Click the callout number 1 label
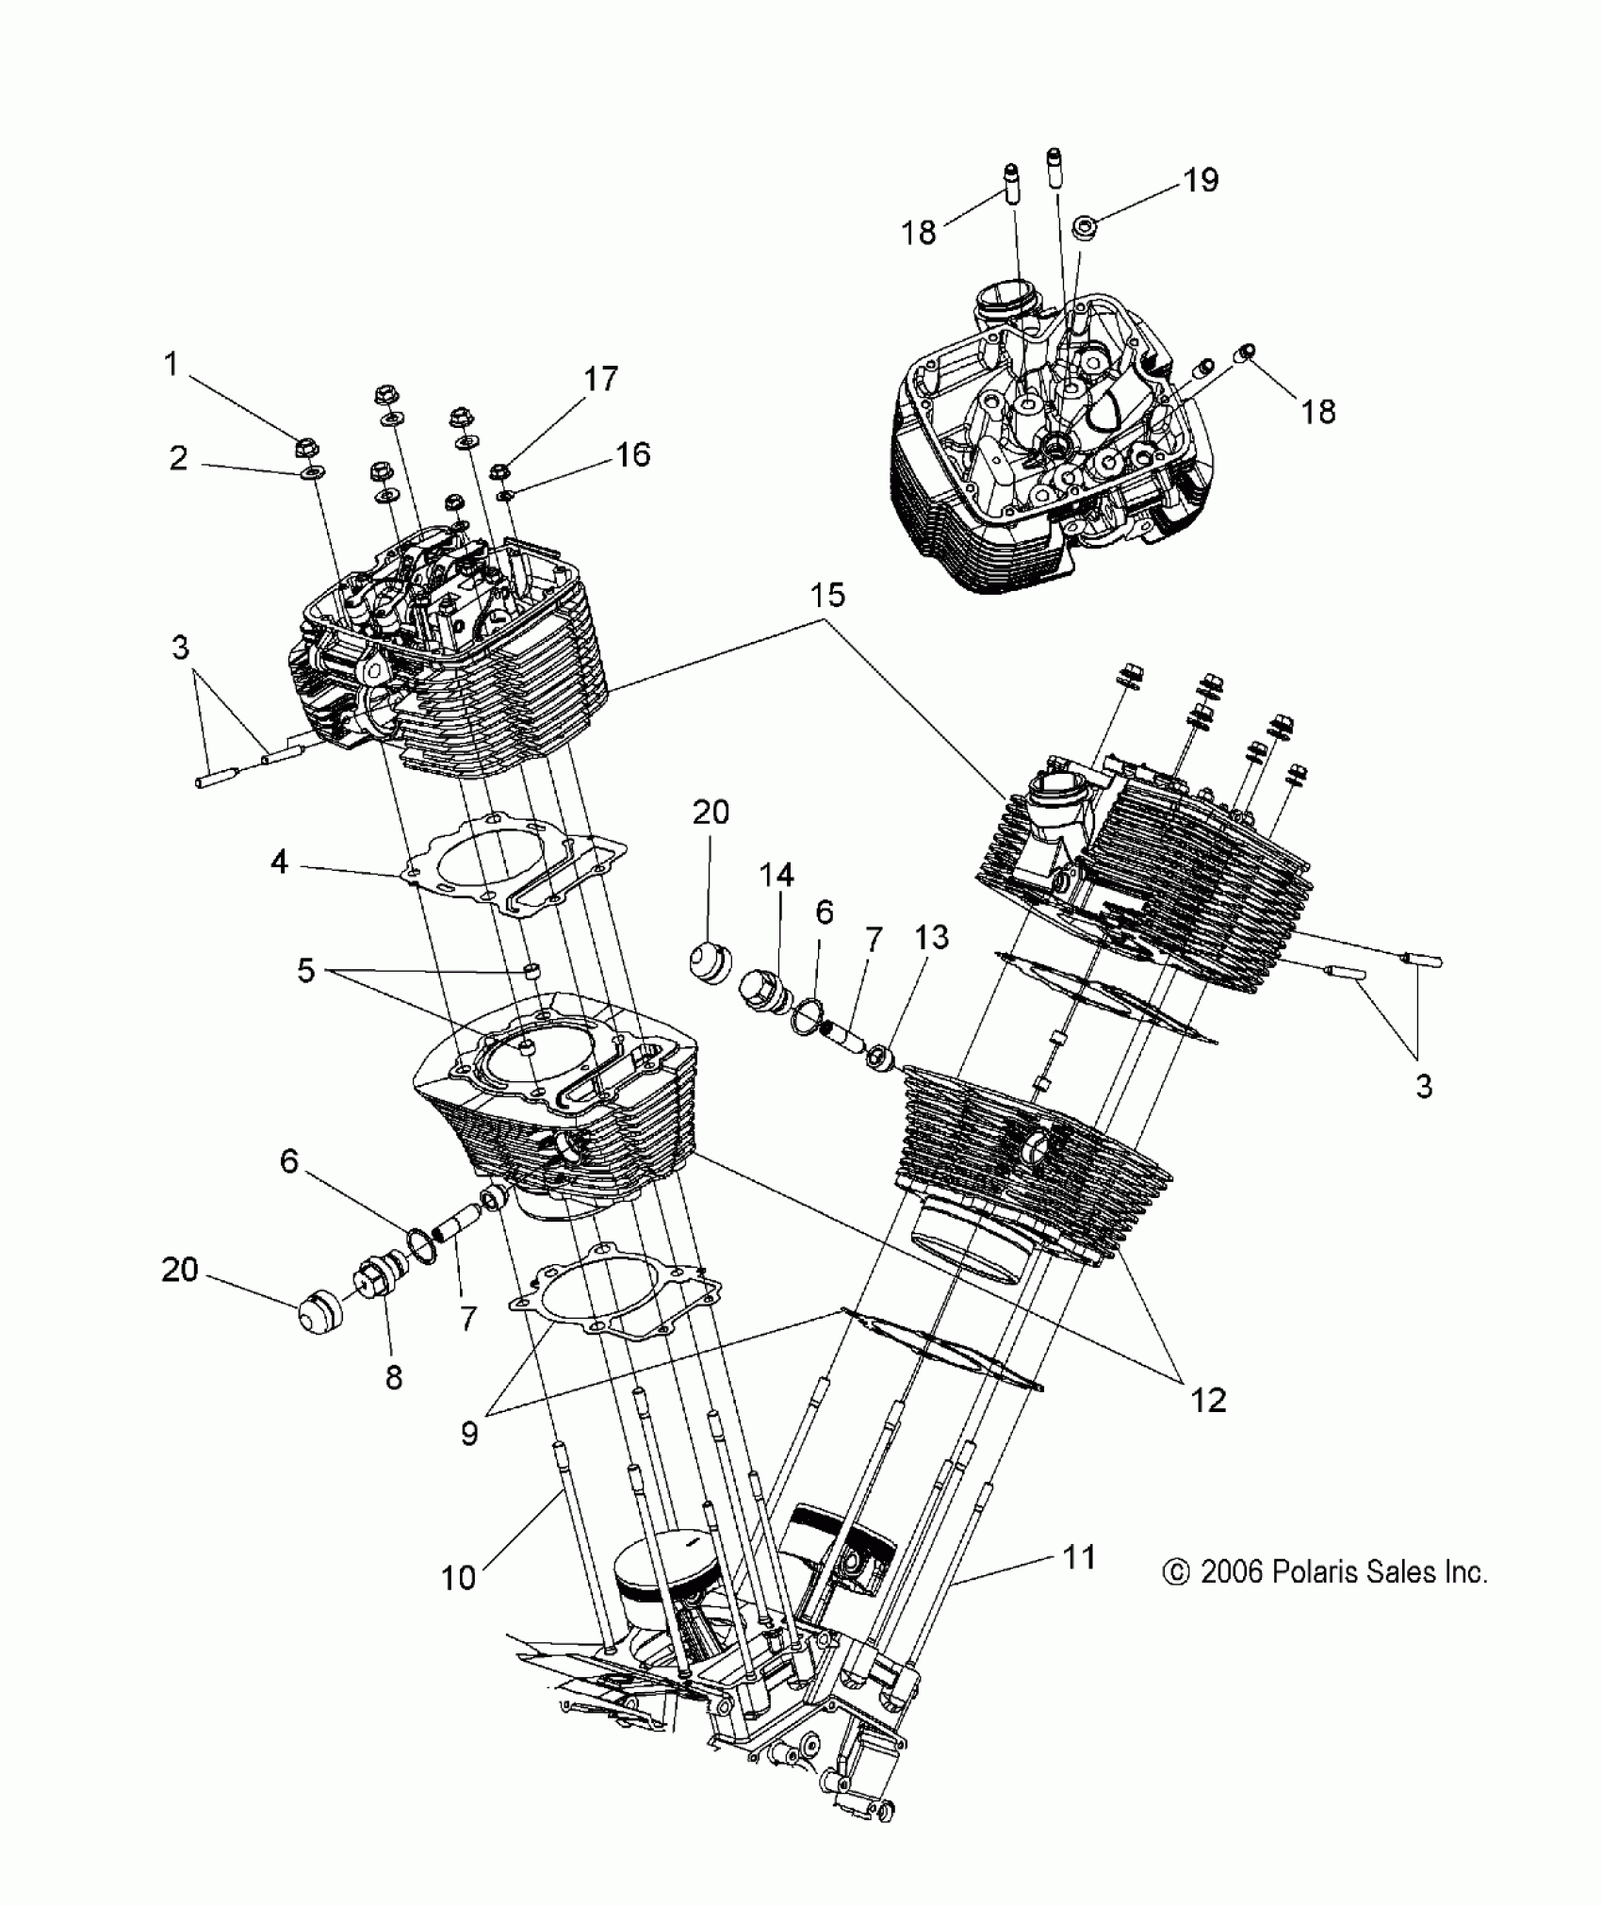[171, 364]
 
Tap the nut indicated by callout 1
[305, 445]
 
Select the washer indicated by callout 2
[309, 472]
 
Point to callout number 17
[600, 379]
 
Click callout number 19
[1201, 179]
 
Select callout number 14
[776, 876]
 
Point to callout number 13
[931, 938]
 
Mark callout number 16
[633, 454]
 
